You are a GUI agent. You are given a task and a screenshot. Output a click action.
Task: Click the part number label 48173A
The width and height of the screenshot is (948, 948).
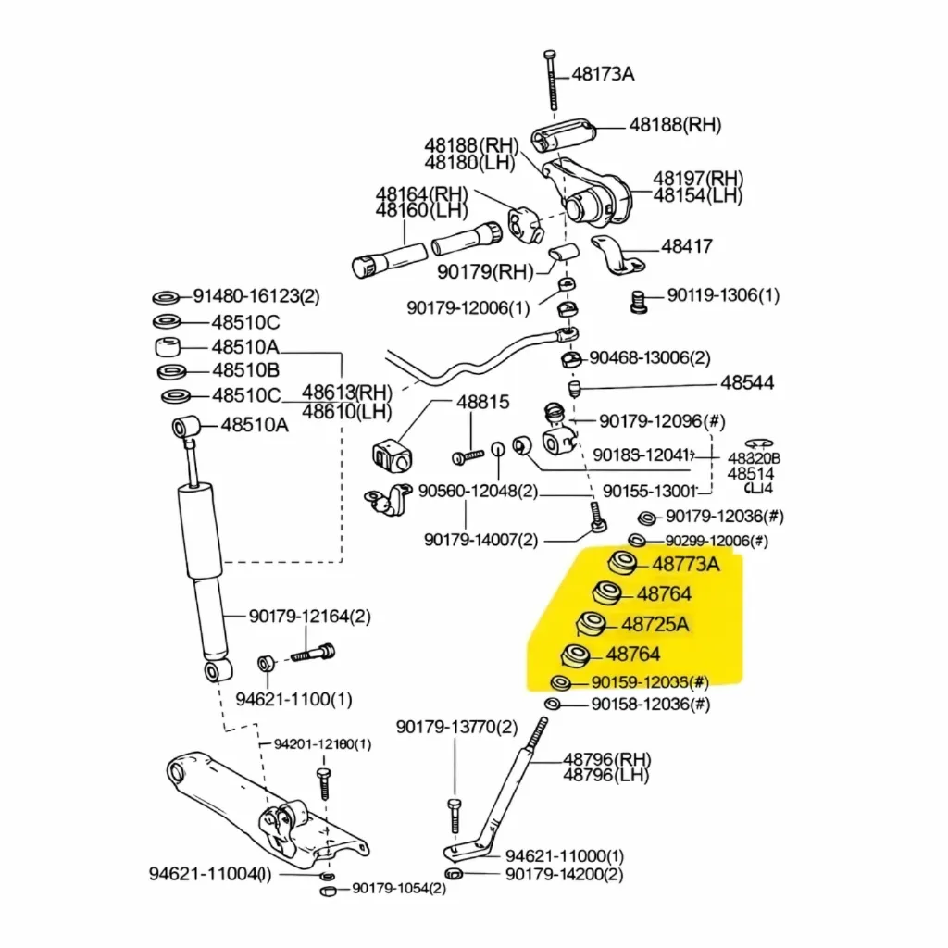tap(603, 74)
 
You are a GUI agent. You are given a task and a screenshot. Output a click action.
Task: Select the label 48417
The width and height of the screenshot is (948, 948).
tap(686, 247)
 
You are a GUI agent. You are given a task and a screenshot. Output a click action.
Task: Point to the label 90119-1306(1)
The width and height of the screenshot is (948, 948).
tap(723, 296)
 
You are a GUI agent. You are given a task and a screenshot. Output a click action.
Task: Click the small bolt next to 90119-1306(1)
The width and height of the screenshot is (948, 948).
tap(637, 300)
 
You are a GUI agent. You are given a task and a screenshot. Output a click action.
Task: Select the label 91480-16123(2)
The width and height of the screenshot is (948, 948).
tap(256, 297)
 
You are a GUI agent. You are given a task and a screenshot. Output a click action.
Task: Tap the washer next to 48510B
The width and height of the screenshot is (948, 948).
tap(170, 371)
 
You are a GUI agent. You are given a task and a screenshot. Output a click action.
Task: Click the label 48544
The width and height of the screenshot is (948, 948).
tap(747, 383)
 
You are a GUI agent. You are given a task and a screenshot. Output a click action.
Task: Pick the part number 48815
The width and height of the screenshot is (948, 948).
tap(482, 403)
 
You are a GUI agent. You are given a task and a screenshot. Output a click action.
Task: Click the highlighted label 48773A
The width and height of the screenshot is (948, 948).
tap(685, 564)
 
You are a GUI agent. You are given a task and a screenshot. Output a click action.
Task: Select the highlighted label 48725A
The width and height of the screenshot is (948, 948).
tap(655, 624)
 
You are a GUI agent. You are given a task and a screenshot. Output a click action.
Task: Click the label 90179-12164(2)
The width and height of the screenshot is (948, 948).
tap(309, 617)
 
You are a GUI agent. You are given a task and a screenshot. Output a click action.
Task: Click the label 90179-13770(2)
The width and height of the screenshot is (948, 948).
tap(456, 728)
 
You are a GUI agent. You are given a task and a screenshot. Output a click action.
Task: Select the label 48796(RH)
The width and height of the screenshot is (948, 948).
tap(606, 759)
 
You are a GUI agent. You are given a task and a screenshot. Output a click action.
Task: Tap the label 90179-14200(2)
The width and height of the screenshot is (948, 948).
tap(564, 874)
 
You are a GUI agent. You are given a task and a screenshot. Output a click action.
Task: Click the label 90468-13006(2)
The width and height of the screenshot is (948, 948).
tap(650, 358)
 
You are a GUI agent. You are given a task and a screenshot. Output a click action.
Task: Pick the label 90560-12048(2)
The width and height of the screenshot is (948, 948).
tap(478, 492)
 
